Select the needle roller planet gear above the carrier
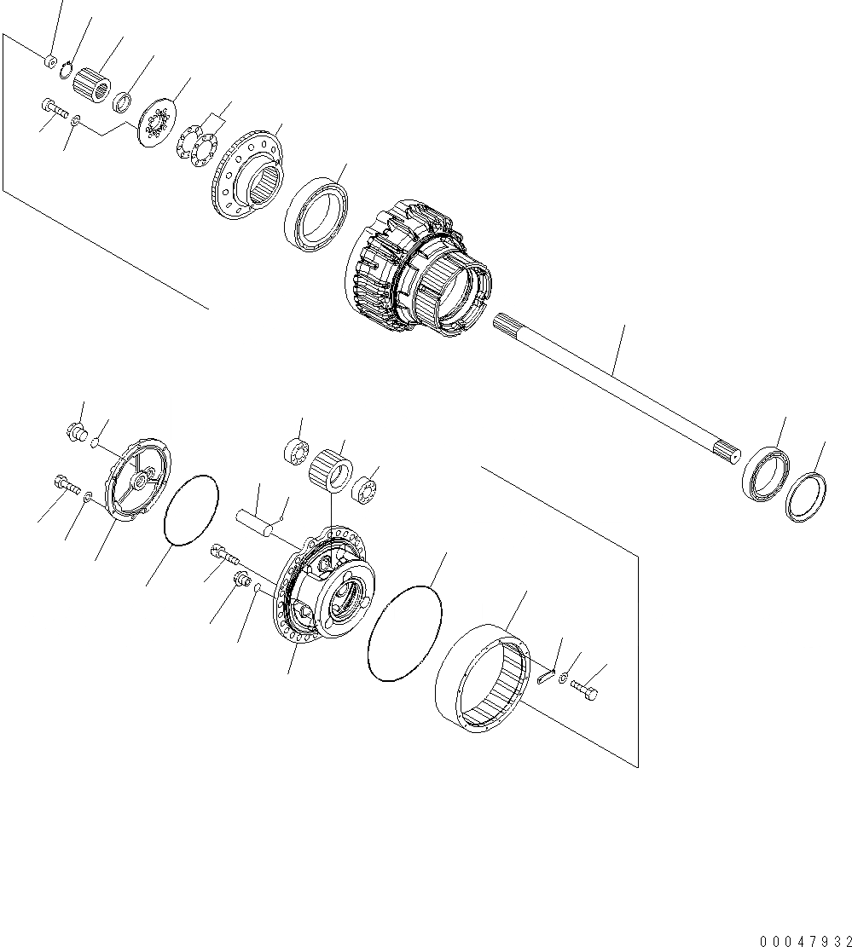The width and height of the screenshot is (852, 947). (330, 469)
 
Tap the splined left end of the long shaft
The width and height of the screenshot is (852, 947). (508, 325)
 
